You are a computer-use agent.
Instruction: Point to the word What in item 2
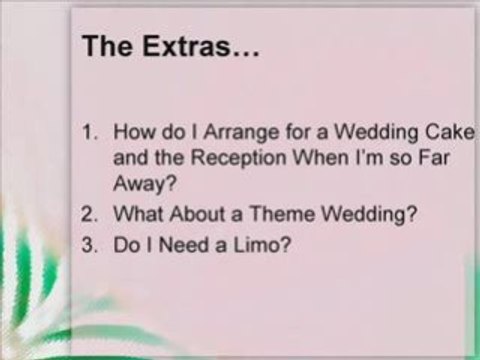(136, 214)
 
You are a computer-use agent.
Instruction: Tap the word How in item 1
(132, 132)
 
